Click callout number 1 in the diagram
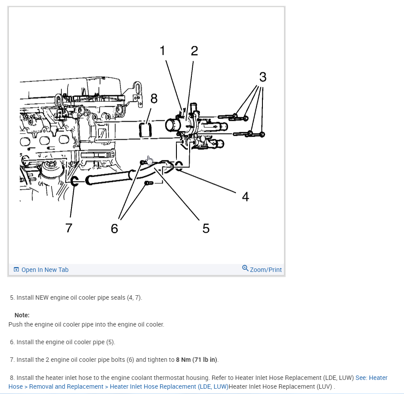coord(162,51)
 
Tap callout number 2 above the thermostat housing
coord(194,51)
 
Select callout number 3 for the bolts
coord(263,77)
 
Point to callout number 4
coord(246,197)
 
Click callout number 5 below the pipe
coord(206,228)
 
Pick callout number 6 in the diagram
coord(115,228)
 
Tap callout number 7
coord(68,228)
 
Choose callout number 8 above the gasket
coord(154,98)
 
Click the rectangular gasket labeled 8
coord(146,130)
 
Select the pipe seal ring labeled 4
coord(179,166)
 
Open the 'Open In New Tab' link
coord(45,270)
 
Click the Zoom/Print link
coord(266,270)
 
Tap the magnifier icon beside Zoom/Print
coord(245,268)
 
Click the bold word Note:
coord(22,315)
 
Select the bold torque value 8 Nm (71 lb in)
coord(197,360)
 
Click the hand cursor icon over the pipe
coord(150,160)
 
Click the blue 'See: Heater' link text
coord(371,378)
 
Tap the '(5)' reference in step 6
coord(110,342)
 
